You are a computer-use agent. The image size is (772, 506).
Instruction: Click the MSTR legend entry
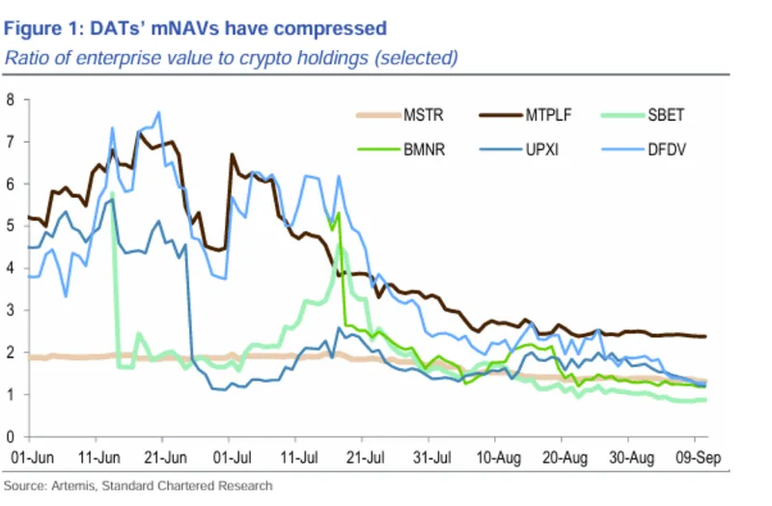click(426, 117)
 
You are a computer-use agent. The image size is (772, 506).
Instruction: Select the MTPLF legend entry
click(548, 117)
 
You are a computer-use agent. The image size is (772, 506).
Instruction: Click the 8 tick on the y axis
click(11, 99)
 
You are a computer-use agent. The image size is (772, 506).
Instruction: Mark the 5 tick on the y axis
click(11, 226)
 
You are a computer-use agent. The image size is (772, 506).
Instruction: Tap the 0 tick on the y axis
click(11, 437)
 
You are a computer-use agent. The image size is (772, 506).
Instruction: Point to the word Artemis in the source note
click(69, 485)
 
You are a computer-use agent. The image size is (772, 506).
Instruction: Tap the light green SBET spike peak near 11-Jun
click(114, 193)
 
